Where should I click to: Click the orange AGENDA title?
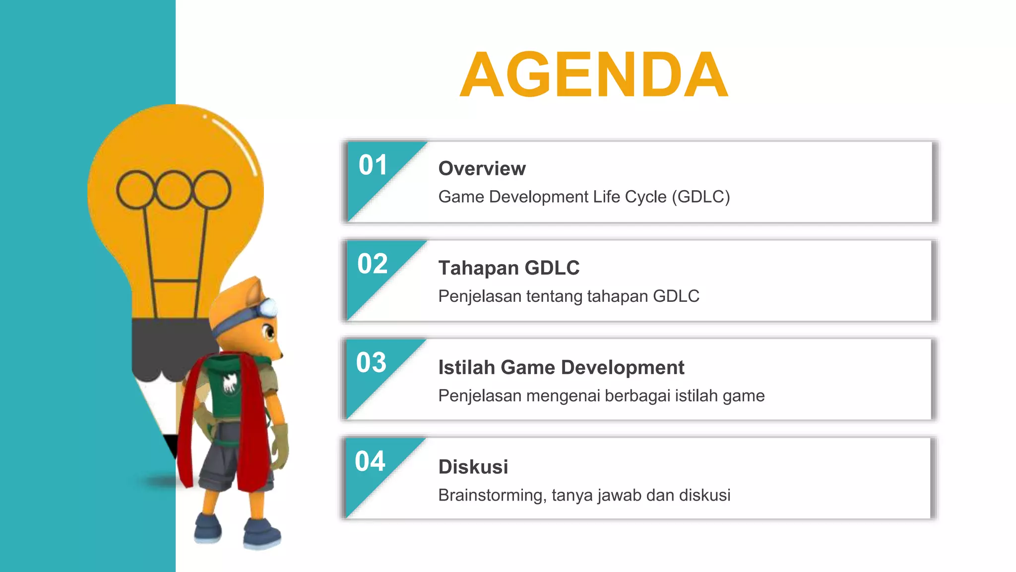(594, 75)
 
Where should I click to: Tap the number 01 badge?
(373, 165)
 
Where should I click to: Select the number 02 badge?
(373, 264)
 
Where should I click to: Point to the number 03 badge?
(371, 363)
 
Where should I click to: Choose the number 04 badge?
(370, 462)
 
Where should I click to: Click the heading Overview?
(482, 169)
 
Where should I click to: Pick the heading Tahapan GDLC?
(508, 268)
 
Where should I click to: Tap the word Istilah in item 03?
(466, 368)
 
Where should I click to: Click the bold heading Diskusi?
(473, 467)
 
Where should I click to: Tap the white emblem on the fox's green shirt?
(229, 383)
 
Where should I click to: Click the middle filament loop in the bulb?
(174, 190)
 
